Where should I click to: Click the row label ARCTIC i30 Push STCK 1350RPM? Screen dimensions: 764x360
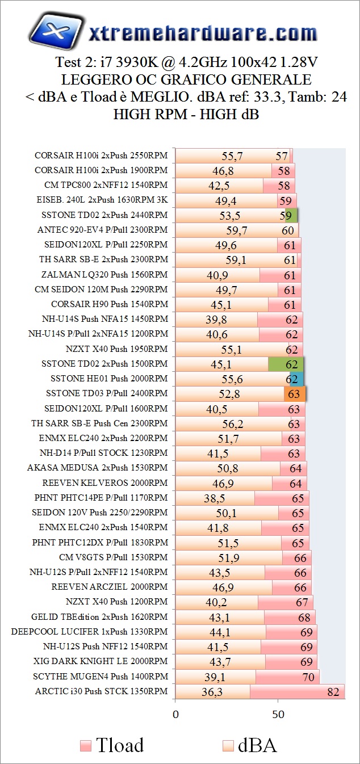pyautogui.click(x=102, y=691)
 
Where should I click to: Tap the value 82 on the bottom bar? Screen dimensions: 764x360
pyautogui.click(x=332, y=691)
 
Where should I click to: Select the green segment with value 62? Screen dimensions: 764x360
pyautogui.click(x=286, y=363)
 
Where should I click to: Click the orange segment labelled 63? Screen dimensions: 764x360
pyautogui.click(x=295, y=393)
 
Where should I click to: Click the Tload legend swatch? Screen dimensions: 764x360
pyautogui.click(x=86, y=745)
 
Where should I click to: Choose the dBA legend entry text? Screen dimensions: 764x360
pyautogui.click(x=257, y=744)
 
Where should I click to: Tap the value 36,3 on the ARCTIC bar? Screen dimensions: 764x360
pyautogui.click(x=212, y=691)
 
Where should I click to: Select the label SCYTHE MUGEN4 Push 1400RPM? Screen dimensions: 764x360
pyautogui.click(x=101, y=676)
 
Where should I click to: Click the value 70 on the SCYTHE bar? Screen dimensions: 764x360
pyautogui.click(x=308, y=677)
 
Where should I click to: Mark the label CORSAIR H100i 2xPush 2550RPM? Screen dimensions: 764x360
pyautogui.click(x=101, y=155)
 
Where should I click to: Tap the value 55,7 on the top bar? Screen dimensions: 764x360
pyautogui.click(x=232, y=156)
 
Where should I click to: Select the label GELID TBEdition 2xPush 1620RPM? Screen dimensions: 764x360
pyautogui.click(x=99, y=616)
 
